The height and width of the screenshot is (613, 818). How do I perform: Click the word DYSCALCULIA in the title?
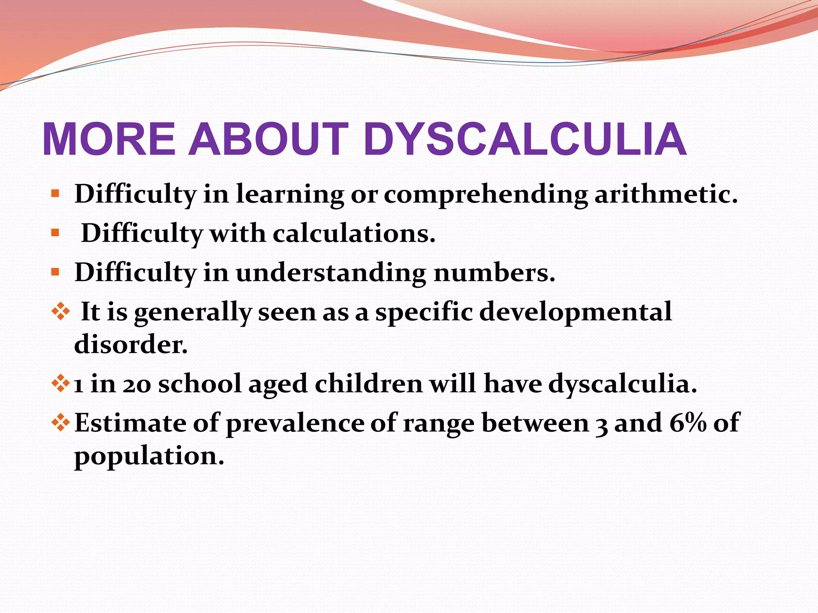coord(525,139)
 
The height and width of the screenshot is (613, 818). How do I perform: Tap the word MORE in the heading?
coord(109,139)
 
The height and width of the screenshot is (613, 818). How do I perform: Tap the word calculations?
coord(354,233)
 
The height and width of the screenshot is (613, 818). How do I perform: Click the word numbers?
coord(494,273)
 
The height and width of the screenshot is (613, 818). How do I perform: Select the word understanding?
coord(331,273)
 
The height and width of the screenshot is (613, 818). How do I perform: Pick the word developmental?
coord(575,312)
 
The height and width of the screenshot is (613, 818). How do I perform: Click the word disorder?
coord(131,344)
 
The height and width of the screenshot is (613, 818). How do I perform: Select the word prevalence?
coord(295,423)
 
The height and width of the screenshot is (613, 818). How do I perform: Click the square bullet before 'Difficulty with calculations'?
coord(55,233)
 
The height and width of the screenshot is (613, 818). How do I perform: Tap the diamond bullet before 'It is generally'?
coord(61,311)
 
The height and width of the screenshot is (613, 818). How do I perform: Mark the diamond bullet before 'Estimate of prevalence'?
coord(61,422)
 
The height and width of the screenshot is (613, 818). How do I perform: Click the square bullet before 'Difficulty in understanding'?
coord(55,272)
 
